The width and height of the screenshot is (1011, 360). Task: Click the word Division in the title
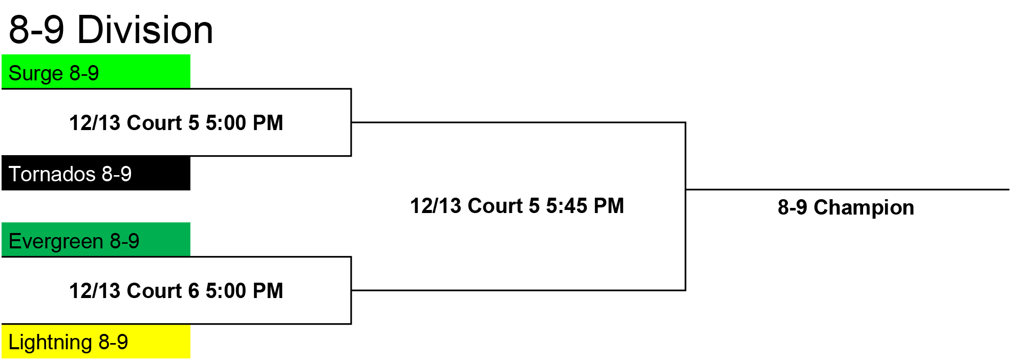[x=145, y=30]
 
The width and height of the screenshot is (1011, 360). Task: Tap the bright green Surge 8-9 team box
[x=96, y=71]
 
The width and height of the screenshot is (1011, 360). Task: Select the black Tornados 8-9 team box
[x=96, y=173]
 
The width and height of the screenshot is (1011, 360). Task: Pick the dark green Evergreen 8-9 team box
[x=96, y=239]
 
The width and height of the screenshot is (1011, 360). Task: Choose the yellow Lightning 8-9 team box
[x=96, y=341]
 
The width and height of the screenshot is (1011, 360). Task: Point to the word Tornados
[x=52, y=174]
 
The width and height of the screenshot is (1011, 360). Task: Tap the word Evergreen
[x=56, y=242]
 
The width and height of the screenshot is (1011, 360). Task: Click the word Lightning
[x=50, y=343]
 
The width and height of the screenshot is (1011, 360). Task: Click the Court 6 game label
[x=176, y=291]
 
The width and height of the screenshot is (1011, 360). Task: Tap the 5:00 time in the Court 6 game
[x=226, y=291]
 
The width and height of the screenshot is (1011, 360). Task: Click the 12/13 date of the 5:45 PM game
[x=436, y=206]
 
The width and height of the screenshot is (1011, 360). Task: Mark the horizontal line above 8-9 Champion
[x=847, y=189]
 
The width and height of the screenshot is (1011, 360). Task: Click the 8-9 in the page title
[x=36, y=30]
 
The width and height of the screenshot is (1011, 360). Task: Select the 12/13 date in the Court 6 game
[x=95, y=291]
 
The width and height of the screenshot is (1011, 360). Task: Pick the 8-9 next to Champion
[x=792, y=207]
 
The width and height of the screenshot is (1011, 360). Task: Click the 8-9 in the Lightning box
[x=113, y=342]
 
